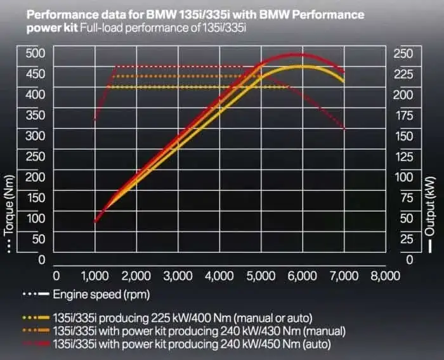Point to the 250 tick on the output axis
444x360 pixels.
[403, 54]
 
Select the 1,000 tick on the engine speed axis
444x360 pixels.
[95, 276]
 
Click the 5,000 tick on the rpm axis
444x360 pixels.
[260, 276]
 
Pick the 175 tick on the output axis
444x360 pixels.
[403, 115]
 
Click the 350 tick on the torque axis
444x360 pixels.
[35, 115]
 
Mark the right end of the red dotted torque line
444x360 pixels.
[344, 129]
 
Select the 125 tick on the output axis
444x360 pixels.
[403, 157]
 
